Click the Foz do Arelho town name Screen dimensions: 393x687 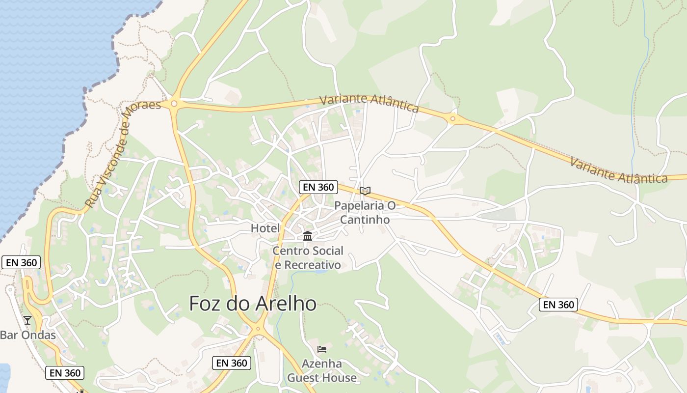tap(253, 304)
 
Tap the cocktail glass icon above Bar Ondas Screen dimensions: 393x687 tap(27, 320)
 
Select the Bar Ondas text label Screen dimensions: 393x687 tap(27, 336)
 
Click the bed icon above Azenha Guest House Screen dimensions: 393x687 tap(322, 349)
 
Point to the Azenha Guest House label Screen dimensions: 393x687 tap(322, 371)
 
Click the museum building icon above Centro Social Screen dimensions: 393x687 tap(308, 236)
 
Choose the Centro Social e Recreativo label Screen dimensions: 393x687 tap(308, 258)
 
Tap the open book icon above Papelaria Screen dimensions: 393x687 tap(365, 191)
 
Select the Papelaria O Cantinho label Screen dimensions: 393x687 tap(365, 212)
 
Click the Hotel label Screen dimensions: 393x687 tap(265, 228)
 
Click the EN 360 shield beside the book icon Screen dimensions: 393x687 tap(318, 187)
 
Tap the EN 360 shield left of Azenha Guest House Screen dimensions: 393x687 tap(232, 363)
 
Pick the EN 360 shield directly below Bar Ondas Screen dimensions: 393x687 tap(65, 373)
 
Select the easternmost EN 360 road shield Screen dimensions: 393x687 tap(558, 305)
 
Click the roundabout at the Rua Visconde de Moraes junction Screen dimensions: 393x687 tap(173, 104)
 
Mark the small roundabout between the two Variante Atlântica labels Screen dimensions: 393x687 tap(452, 118)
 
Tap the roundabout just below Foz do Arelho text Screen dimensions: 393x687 tap(258, 330)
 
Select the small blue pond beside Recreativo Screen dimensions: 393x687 tap(320, 271)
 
